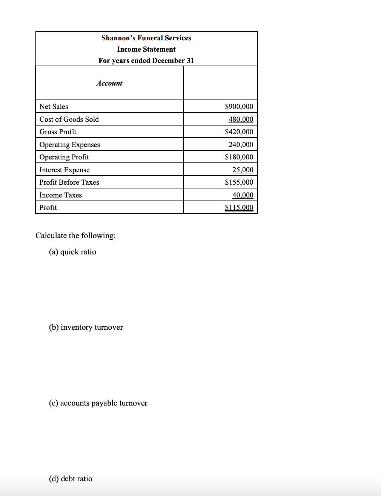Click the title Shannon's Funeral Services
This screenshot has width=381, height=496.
(146, 38)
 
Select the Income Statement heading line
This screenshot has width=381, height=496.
(146, 49)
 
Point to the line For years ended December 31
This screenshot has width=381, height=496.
(146, 61)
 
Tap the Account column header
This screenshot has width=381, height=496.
(109, 83)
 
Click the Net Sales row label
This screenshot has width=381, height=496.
(54, 107)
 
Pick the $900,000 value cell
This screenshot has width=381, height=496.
(239, 107)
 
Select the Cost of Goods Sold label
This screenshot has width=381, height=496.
(69, 119)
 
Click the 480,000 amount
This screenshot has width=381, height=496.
(241, 119)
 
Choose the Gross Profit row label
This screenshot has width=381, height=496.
(58, 132)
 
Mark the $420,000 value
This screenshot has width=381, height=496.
(239, 132)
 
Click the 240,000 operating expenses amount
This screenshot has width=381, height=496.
(241, 145)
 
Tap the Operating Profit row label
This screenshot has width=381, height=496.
(64, 157)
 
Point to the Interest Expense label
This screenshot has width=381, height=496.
(65, 170)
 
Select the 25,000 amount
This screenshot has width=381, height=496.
(243, 170)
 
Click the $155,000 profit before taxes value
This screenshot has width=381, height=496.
(239, 182)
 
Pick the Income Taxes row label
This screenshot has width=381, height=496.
(60, 195)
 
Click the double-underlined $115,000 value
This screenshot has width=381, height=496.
(239, 208)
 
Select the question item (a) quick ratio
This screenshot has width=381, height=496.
(72, 252)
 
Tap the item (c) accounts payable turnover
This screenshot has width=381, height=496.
(98, 403)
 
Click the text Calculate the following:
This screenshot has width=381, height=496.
(75, 236)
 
